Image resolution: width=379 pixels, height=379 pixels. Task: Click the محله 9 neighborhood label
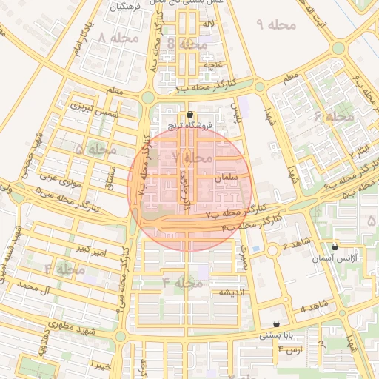tap(276, 24)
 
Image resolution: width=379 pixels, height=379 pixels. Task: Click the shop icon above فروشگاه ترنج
tap(191, 115)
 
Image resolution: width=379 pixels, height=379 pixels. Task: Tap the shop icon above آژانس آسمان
tap(335, 247)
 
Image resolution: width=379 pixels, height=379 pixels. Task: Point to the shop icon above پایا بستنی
tap(277, 323)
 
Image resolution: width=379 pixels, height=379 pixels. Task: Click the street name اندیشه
tap(230, 292)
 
